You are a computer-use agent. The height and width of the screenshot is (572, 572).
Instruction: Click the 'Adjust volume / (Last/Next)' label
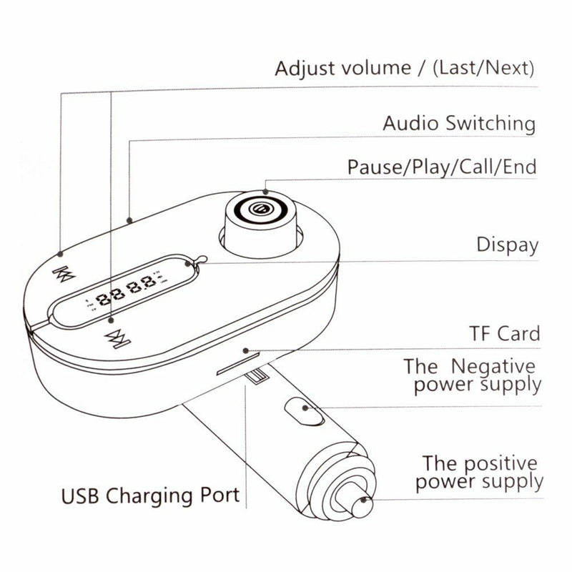[x=405, y=69]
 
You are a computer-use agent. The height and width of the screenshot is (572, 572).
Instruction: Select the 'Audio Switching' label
[x=458, y=122]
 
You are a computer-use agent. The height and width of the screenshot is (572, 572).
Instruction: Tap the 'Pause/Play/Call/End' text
[x=441, y=167]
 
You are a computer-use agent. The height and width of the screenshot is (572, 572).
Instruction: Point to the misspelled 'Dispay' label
[x=507, y=245]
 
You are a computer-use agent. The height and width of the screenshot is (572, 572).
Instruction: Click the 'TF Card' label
[x=504, y=333]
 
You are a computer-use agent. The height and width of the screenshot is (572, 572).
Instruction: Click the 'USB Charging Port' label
[x=150, y=495]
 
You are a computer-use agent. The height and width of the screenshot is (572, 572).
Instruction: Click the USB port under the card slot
[x=256, y=380]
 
